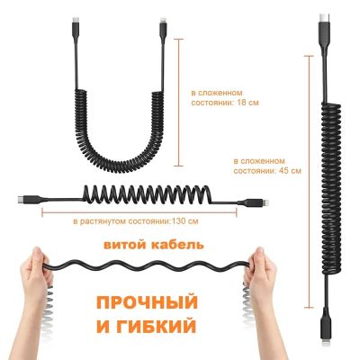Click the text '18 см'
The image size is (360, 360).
click(x=247, y=103)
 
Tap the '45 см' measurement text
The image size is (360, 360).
click(x=290, y=171)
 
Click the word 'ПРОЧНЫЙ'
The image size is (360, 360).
click(x=148, y=302)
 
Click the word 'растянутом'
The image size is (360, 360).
click(x=103, y=222)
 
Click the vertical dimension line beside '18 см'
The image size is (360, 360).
click(x=179, y=103)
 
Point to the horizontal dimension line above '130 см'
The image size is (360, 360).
click(x=139, y=213)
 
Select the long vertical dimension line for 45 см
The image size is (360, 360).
click(x=309, y=182)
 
